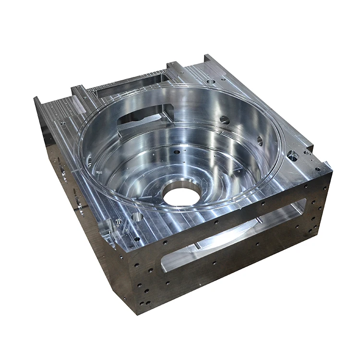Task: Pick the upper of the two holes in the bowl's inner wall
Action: [224, 120]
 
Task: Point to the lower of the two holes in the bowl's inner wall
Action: [260, 141]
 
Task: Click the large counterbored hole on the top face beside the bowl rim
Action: [292, 156]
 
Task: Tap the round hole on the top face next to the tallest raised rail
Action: [211, 82]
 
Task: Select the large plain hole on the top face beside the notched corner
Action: [137, 217]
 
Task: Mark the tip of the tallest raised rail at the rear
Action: [208, 58]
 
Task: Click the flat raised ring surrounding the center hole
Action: [182, 185]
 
